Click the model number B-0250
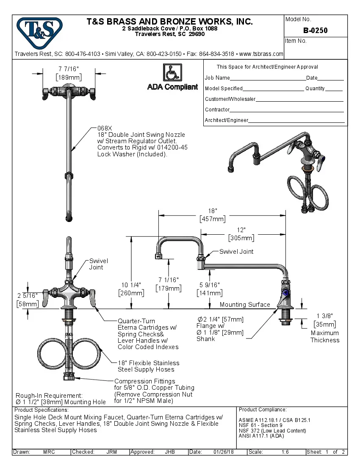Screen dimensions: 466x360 coord(315,31)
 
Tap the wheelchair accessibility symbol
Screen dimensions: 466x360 coord(172,73)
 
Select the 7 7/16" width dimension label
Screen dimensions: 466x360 coord(69,69)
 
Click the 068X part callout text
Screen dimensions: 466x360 coord(105,128)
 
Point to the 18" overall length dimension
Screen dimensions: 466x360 coord(213,211)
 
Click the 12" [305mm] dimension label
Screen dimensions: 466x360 coord(241,230)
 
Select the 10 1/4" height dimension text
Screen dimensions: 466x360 coord(131,285)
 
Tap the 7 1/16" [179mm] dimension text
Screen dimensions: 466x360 coord(169,280)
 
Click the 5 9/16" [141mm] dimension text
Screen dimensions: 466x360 coord(210,285)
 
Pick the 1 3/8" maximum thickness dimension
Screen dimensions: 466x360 coord(325,316)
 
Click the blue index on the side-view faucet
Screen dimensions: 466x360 coord(285,292)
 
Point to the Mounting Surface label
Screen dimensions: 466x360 coord(245,305)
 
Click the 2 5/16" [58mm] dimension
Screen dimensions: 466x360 coord(28,295)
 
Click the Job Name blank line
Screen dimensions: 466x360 coord(268,79)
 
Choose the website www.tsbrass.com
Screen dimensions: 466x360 coord(261,54)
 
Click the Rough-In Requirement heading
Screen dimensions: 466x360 coord(49,395)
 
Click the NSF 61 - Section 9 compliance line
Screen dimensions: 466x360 coord(260,425)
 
